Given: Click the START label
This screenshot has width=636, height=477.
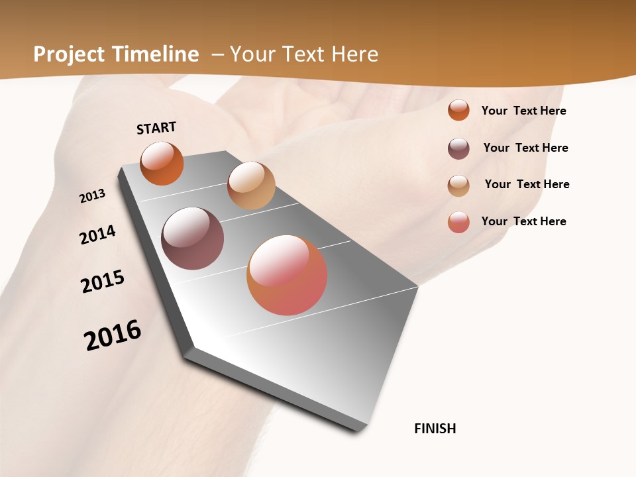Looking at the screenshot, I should [156, 128].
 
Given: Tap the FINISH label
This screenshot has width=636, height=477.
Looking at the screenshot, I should [435, 429].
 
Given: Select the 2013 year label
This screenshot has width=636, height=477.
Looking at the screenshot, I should [93, 195].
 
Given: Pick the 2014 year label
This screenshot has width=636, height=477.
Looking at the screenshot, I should [97, 235].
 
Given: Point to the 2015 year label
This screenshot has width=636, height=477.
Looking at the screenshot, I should [103, 282].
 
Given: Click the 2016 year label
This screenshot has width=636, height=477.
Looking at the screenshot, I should [113, 335].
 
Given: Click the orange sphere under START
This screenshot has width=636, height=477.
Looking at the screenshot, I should [162, 164].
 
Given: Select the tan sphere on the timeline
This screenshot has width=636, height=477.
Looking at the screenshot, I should [251, 185].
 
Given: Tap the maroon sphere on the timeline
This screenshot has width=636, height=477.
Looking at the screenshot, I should [193, 238].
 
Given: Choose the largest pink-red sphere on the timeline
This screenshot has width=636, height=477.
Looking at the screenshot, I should [287, 275].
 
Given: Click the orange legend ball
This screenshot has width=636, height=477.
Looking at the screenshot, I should [458, 110].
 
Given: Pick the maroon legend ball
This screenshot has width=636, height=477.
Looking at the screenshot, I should [458, 148].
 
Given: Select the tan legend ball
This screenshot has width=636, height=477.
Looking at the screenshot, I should [458, 185].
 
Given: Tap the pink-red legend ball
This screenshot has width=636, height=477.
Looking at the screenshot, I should [458, 222].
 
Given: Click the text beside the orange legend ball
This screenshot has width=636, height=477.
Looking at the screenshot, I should [523, 111].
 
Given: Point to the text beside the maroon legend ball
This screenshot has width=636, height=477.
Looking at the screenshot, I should [525, 148].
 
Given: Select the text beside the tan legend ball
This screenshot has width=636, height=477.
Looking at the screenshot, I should [527, 184].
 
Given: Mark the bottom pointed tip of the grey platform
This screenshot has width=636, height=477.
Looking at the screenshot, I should [359, 431].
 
